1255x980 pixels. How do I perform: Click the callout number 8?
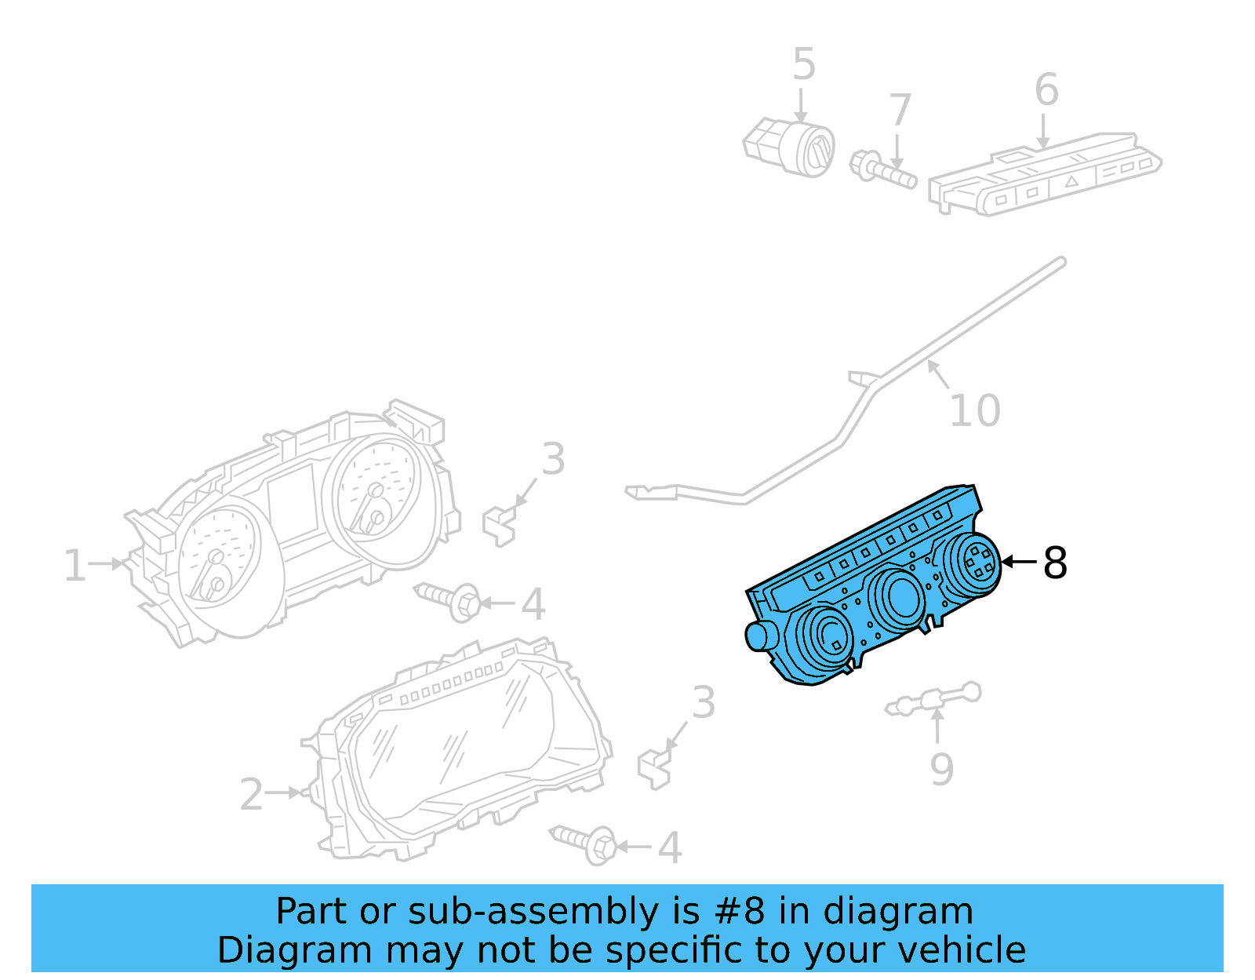coord(1054,563)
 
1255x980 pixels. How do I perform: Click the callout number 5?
coord(804,64)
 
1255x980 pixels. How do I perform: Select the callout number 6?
coord(1046,89)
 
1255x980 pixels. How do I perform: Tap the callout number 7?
coord(900,111)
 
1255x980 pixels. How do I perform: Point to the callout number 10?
coord(974,410)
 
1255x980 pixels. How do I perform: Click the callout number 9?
coord(941,769)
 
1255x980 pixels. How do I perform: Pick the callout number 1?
coord(75,566)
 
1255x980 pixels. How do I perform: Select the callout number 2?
coord(251,795)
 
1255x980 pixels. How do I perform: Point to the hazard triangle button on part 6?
coord(1071,181)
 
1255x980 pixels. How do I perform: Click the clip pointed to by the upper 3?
coord(499,526)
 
